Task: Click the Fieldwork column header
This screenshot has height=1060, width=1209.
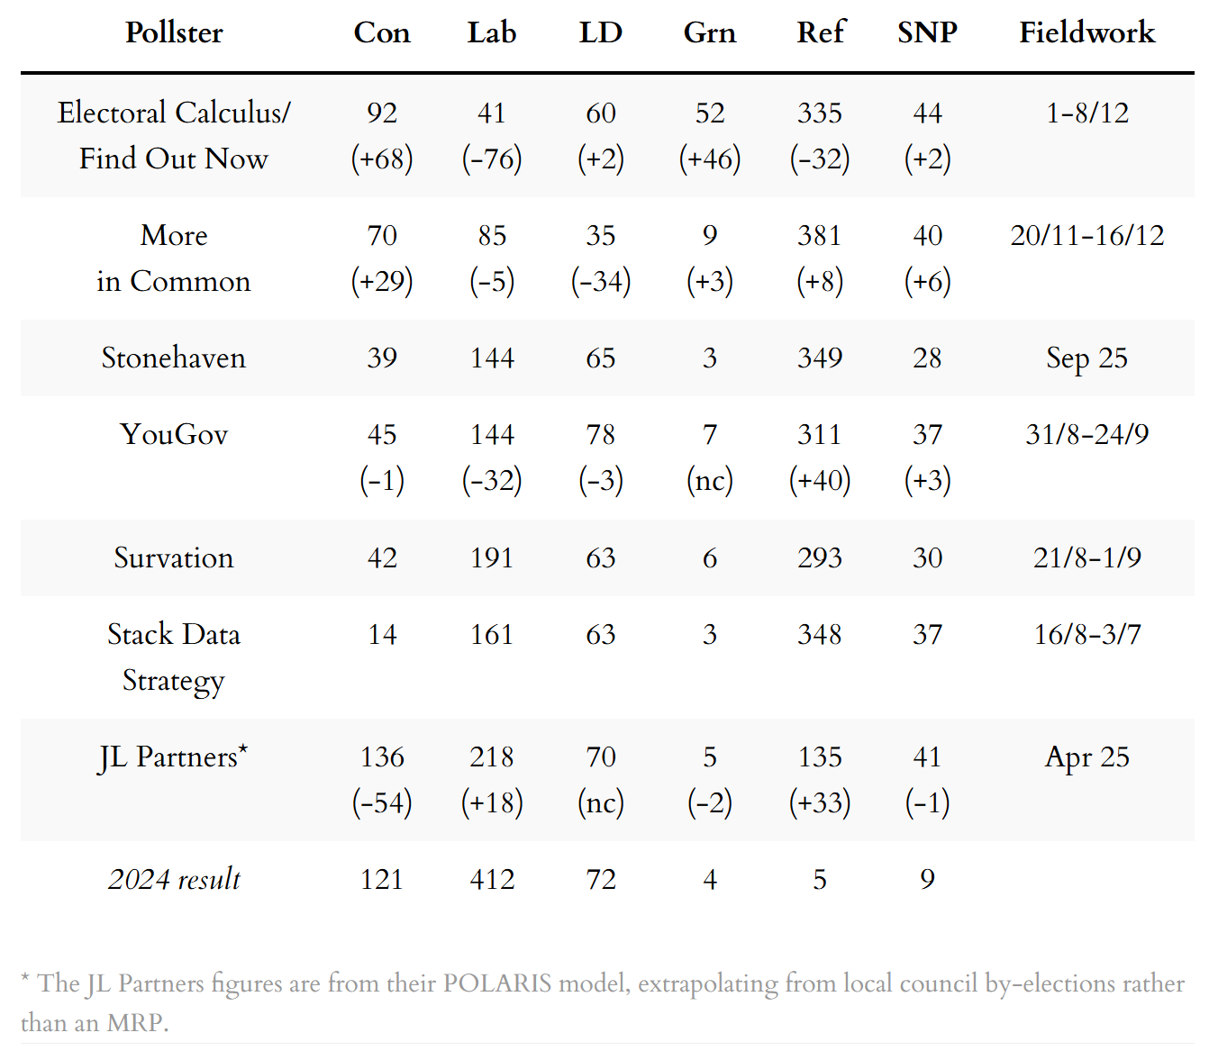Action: [1086, 32]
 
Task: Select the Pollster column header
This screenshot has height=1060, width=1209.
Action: [174, 32]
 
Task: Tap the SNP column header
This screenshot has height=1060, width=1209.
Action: [927, 32]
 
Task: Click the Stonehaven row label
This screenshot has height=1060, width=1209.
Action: [174, 358]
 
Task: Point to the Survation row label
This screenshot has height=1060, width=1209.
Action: [174, 557]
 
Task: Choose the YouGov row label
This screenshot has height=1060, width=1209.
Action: [174, 434]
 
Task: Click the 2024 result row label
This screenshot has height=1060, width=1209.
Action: [174, 879]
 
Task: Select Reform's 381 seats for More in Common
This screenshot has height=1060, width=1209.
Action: [819, 235]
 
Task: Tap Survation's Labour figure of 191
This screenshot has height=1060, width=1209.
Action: [492, 557]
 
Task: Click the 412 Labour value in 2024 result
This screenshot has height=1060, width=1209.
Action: [492, 879]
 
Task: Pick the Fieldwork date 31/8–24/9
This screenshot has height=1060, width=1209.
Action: [1086, 434]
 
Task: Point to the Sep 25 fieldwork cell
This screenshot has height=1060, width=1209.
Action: [1086, 358]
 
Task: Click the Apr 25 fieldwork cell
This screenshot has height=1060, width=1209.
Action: [1086, 756]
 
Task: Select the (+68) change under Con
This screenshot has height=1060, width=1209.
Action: [382, 159]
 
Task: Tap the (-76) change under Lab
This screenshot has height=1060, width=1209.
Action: [492, 159]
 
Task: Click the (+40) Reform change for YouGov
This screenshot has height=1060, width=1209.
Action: [819, 480]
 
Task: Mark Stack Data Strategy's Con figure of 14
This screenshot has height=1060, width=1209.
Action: [382, 634]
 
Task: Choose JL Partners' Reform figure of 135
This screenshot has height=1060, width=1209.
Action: [819, 756]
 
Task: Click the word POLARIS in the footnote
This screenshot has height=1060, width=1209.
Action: [497, 983]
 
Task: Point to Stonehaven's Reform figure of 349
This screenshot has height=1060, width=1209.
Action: [819, 358]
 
